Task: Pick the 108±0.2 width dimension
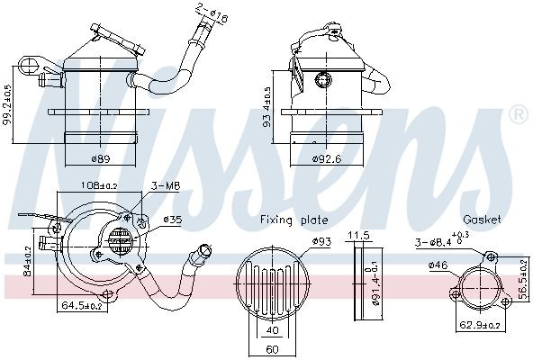[100, 187]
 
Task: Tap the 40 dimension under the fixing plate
[271, 328]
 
